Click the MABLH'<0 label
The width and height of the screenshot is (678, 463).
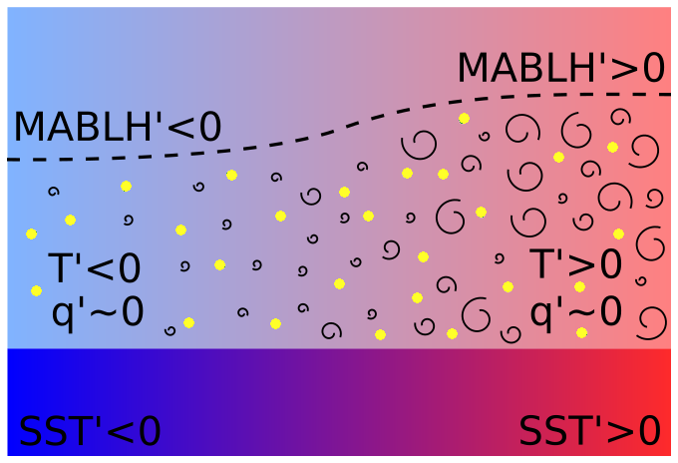(x=117, y=128)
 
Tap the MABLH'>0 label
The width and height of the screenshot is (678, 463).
(x=560, y=68)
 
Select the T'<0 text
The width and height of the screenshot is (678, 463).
(x=95, y=269)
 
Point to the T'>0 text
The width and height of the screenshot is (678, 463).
(x=576, y=265)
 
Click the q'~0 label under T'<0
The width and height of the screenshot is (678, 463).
(x=98, y=312)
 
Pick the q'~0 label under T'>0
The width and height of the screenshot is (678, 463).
(x=576, y=311)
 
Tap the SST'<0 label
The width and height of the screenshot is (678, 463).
(x=90, y=431)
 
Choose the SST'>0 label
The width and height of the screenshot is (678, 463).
(x=589, y=431)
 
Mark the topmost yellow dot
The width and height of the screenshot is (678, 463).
(x=464, y=118)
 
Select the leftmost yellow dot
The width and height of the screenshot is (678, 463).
(x=32, y=233)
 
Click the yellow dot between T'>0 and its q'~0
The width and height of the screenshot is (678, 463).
(x=579, y=287)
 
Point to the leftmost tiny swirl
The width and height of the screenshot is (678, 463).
(x=53, y=190)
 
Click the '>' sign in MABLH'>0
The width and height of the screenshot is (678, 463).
(x=617, y=69)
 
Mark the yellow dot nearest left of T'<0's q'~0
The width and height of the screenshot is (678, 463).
(x=37, y=290)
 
